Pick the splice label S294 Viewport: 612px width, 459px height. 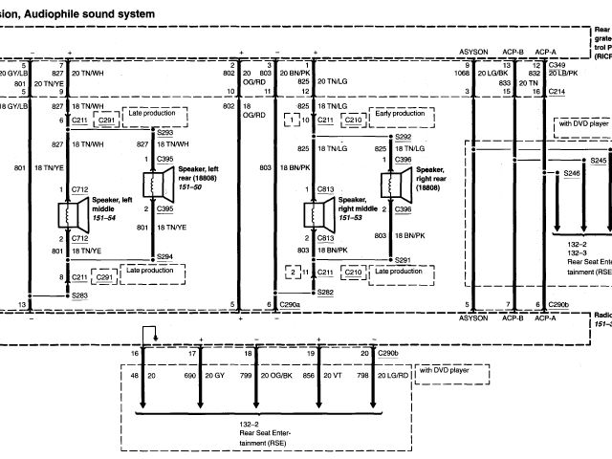[x=164, y=257]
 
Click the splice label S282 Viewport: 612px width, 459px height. [x=326, y=292]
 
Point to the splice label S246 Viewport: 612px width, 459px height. [x=572, y=173]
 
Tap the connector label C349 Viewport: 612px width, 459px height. [x=557, y=63]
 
